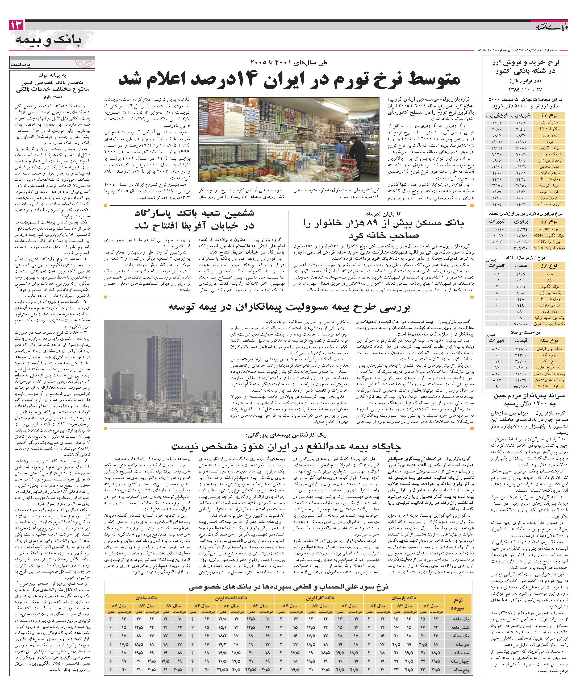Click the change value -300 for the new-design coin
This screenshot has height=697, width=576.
[x=496, y=367]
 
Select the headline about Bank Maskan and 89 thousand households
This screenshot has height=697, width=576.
[x=382, y=229]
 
